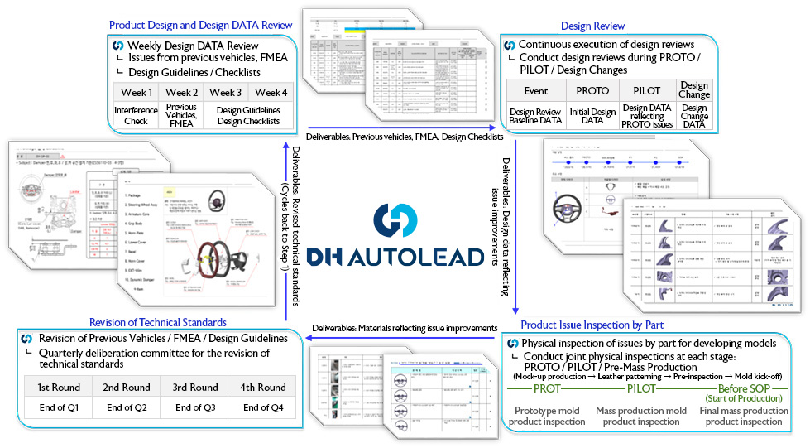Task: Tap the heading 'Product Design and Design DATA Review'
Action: pos(201,26)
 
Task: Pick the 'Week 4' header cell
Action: pos(271,92)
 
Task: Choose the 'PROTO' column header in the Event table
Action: pos(592,90)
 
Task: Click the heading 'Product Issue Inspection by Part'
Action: pos(592,325)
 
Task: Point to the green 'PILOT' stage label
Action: pos(641,388)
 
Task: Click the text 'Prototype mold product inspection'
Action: pos(547,416)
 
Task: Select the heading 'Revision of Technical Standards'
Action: pos(158,322)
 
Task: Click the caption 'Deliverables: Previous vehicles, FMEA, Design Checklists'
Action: pos(397,136)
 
